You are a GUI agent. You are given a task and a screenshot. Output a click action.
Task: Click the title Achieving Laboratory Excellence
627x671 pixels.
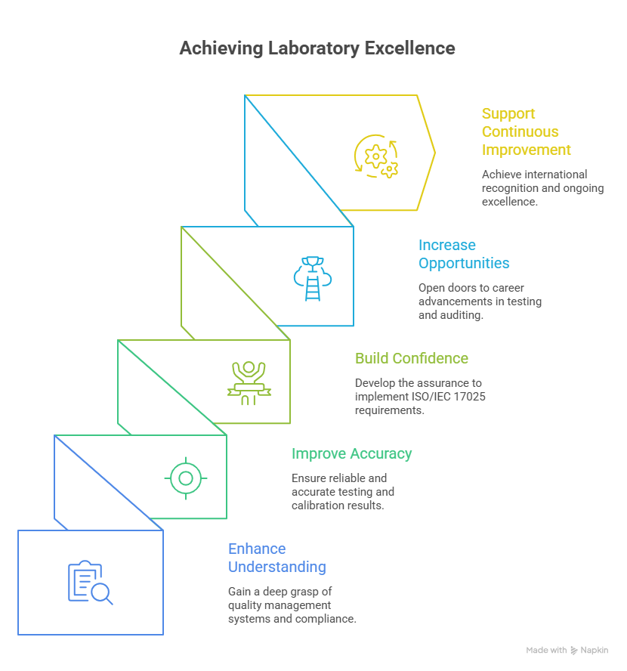click(317, 48)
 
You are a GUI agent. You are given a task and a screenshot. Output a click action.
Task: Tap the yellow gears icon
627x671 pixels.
click(376, 156)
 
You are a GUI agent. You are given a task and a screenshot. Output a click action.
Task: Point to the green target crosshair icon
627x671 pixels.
click(185, 478)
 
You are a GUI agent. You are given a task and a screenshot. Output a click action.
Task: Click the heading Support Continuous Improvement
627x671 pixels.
click(527, 131)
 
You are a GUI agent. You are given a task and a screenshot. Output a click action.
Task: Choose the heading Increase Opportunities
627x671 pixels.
click(463, 254)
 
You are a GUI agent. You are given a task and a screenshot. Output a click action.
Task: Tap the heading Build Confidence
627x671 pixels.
click(412, 358)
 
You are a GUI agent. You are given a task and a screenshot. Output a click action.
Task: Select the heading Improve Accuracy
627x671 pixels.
click(351, 454)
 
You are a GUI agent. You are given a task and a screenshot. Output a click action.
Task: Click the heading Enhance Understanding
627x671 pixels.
click(276, 558)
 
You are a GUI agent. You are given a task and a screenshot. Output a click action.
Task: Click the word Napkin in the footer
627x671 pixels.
click(594, 651)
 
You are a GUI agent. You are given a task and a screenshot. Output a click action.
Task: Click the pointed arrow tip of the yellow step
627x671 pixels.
click(435, 153)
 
